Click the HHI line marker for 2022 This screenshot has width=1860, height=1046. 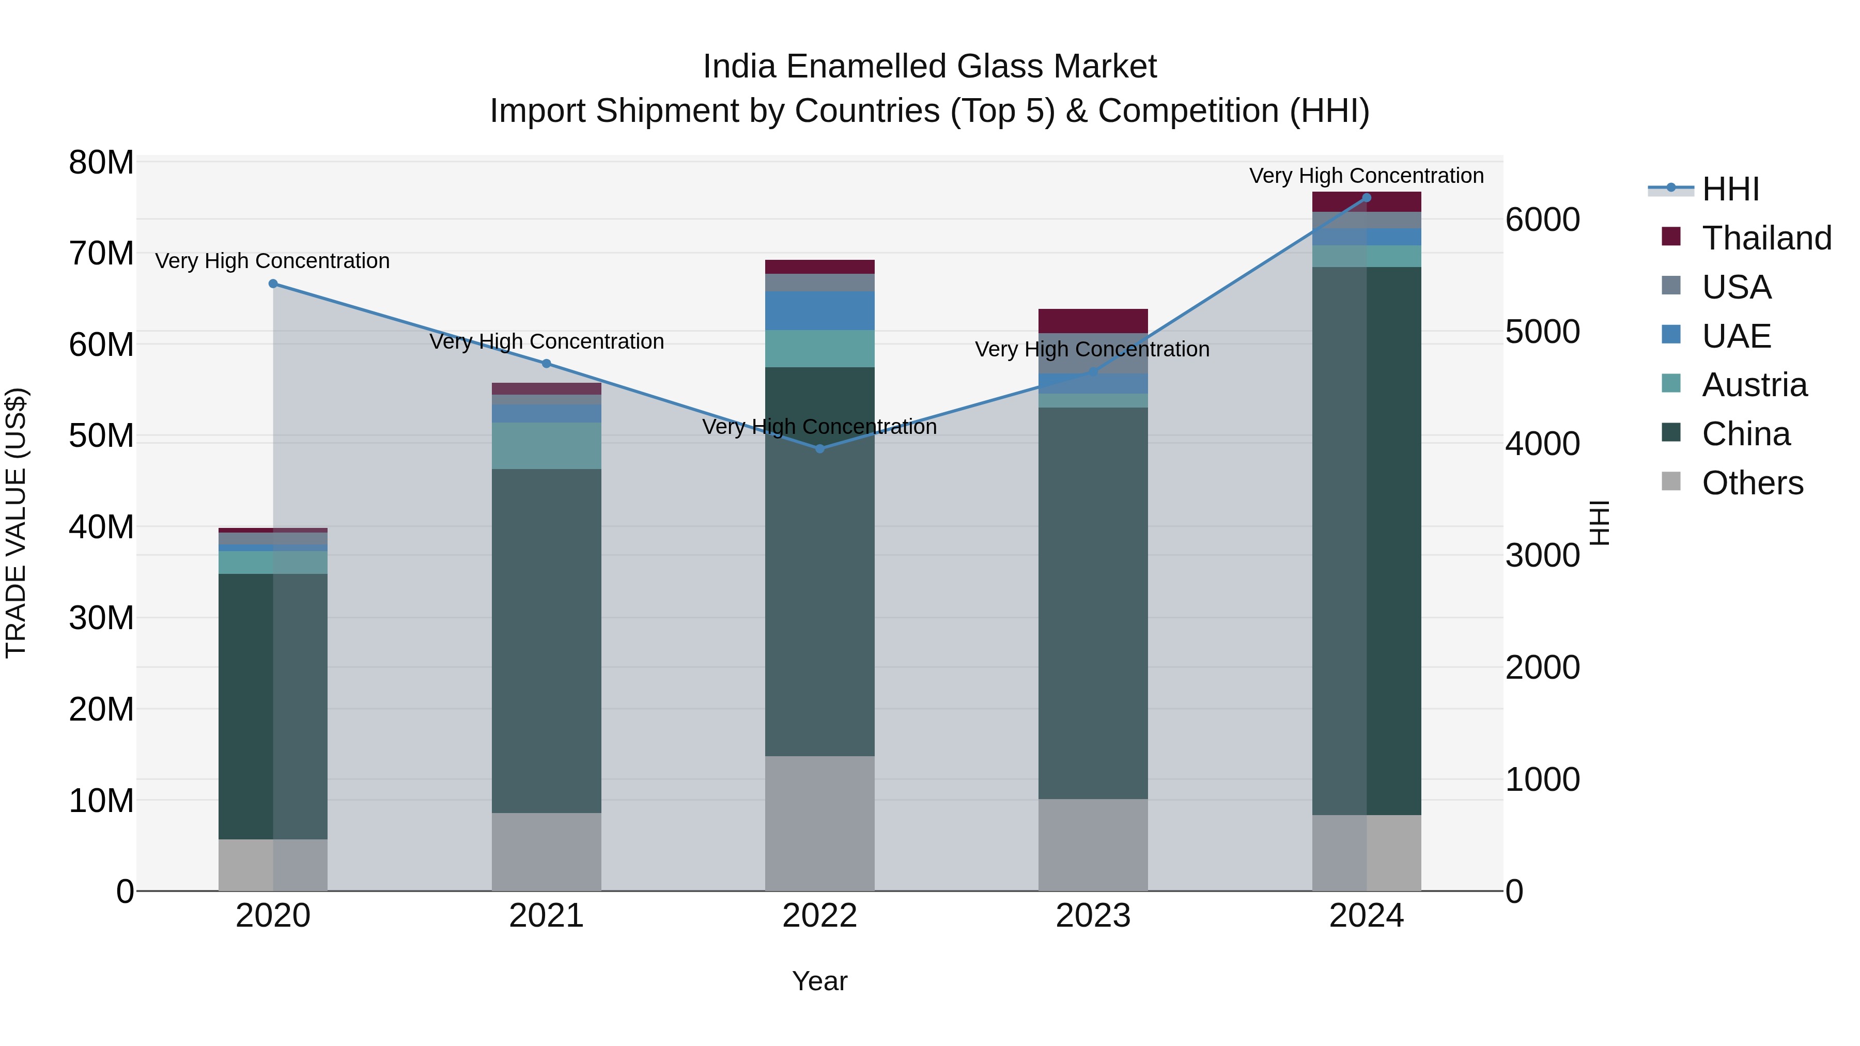[x=819, y=448]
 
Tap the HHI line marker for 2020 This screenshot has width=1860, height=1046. [x=273, y=284]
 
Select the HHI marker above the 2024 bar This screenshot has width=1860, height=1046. [x=1366, y=198]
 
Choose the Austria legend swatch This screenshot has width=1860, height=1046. [x=1671, y=384]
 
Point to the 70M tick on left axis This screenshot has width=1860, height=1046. [x=101, y=254]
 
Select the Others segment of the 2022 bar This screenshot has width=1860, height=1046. [x=819, y=823]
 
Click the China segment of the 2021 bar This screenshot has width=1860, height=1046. [x=546, y=641]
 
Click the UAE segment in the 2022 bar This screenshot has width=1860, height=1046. [x=819, y=310]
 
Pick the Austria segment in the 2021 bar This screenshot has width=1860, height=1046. [x=546, y=445]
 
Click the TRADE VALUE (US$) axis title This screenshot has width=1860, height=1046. [x=16, y=523]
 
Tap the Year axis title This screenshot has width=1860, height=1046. [x=819, y=981]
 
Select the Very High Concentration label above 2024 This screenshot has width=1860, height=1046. [x=1366, y=176]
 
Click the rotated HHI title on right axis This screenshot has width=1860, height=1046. [x=1600, y=523]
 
